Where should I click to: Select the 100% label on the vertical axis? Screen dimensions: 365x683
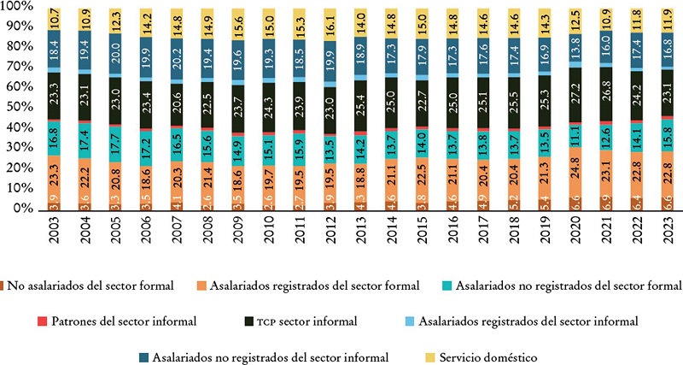pos(18,7)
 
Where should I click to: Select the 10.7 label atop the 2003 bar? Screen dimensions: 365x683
pos(54,17)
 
